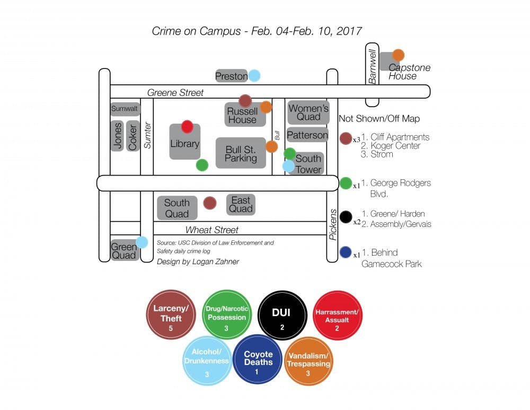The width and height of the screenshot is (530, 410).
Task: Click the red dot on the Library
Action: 187,126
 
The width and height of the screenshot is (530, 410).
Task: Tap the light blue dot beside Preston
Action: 254,76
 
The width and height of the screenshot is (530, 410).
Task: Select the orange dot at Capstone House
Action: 398,55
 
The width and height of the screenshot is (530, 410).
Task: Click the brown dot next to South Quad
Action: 209,203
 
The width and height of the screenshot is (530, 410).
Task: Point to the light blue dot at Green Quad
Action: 142,242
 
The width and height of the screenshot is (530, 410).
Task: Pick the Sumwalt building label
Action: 125,109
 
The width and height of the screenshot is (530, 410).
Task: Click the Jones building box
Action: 117,136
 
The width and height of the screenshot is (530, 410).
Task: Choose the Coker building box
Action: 132,136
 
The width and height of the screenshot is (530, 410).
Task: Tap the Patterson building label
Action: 307,135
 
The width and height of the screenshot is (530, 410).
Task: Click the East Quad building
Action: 241,204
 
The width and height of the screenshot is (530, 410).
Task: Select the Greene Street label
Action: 175,93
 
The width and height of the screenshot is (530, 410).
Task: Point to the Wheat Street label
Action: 211,230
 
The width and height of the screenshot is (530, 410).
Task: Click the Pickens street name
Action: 333,225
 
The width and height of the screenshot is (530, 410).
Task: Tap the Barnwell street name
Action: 373,66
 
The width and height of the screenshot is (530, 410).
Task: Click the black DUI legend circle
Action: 282,315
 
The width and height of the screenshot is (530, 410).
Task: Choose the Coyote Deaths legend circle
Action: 258,359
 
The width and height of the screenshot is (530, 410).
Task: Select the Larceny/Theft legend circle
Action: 171,315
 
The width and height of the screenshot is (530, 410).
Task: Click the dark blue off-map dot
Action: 346,253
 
